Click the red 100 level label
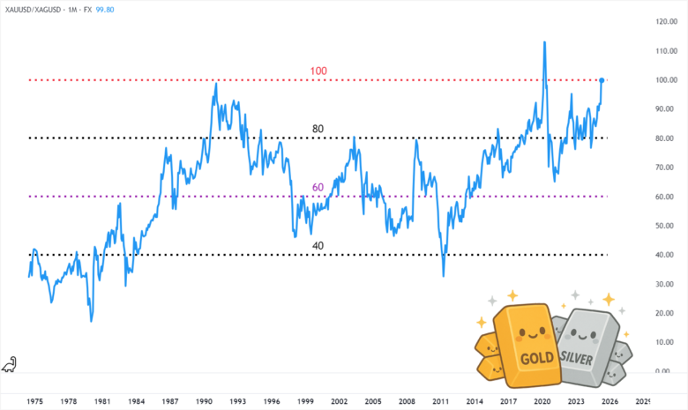[318, 70]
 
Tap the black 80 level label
[318, 129]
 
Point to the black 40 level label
[318, 246]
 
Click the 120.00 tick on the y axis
[666, 21]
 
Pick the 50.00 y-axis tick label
[668, 226]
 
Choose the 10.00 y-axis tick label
[668, 342]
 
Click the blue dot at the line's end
[602, 80]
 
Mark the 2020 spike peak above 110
[544, 42]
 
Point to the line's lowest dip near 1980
[91, 320]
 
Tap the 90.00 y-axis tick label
[668, 109]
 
